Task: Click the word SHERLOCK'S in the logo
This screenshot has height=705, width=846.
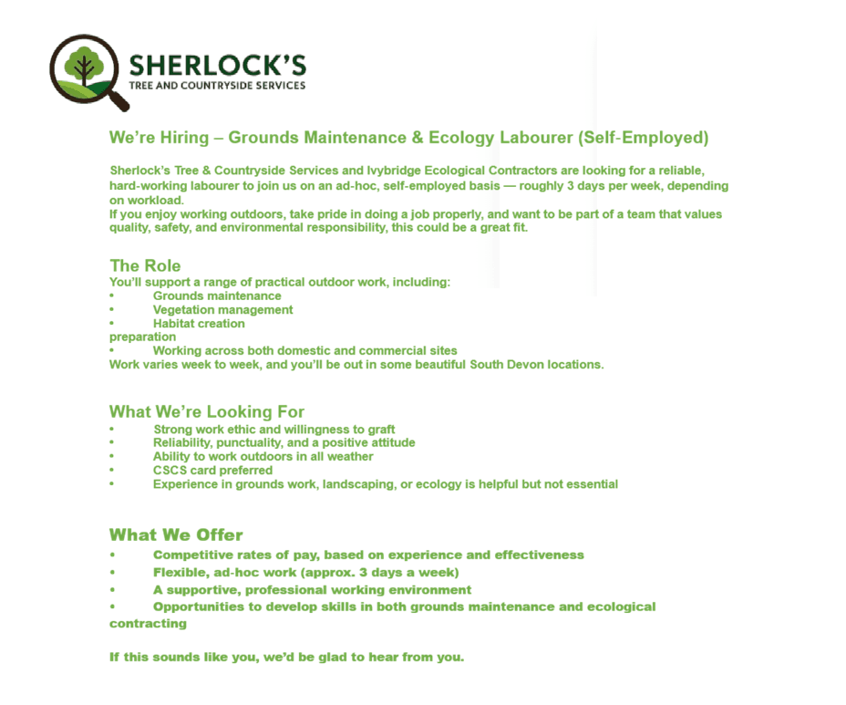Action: pos(217,66)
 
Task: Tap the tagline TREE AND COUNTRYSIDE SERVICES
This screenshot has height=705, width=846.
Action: pos(217,86)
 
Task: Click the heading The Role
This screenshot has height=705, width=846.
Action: pos(145,265)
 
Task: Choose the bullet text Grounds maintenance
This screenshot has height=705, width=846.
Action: pos(217,295)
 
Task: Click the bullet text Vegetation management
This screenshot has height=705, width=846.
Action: pos(222,309)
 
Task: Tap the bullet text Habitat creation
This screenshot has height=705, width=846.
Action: pos(199,323)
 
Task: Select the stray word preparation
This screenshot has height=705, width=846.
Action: pos(142,337)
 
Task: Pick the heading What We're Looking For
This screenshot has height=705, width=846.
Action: pos(207,411)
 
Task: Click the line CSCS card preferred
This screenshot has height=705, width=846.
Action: pos(212,470)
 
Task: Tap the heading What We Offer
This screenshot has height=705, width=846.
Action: pos(176,534)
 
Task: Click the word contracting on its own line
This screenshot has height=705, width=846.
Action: pos(148,624)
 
